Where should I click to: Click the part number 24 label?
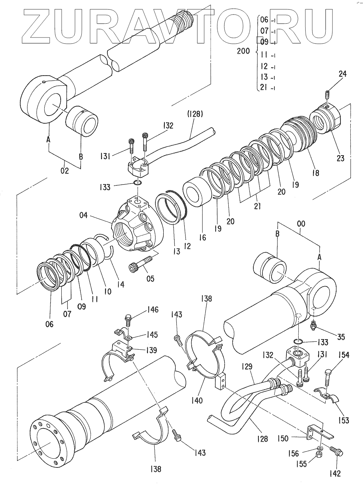[x=342, y=74]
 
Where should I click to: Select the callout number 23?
[x=340, y=158]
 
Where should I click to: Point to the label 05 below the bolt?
[x=150, y=278]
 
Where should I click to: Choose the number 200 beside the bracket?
[x=243, y=51]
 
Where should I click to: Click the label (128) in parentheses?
[x=196, y=114]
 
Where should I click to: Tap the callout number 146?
[x=152, y=310]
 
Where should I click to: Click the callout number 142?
[x=335, y=473]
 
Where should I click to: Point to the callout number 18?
[x=315, y=173]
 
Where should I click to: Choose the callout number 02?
[x=65, y=170]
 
